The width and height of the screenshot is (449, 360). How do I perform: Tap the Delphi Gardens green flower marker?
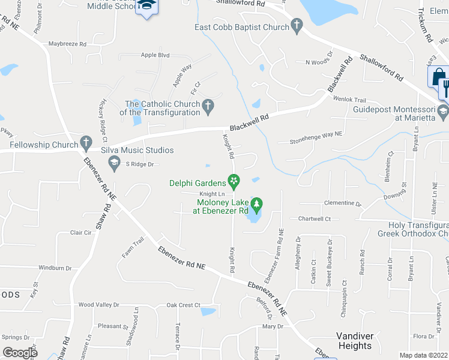(234, 180)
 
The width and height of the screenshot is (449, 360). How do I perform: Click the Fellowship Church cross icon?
(86, 144)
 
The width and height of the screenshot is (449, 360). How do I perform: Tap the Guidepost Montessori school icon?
(442, 112)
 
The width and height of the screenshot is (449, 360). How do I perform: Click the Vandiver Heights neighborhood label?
(354, 341)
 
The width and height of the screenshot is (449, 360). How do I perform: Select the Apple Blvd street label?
(155, 55)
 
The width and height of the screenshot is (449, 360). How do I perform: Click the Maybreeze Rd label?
(67, 44)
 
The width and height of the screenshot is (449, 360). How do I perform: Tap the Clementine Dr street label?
(343, 203)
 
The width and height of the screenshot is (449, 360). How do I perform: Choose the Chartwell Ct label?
(315, 219)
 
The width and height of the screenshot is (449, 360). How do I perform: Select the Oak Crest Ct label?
(183, 305)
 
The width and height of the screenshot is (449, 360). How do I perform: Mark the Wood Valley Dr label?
(99, 305)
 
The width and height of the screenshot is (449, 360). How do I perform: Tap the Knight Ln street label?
(212, 194)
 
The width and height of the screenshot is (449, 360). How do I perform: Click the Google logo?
(20, 352)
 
